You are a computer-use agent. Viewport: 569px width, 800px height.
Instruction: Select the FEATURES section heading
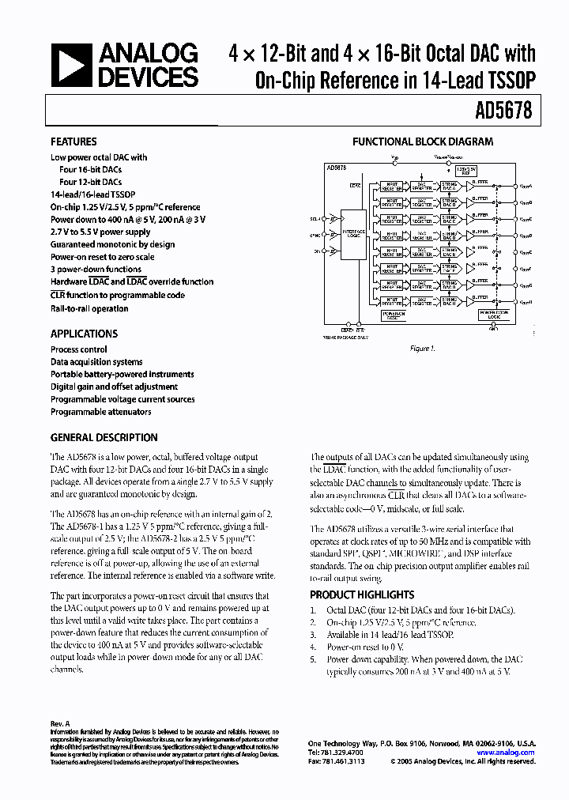tap(73, 142)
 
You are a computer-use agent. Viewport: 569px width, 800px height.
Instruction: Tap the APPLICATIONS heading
tap(84, 334)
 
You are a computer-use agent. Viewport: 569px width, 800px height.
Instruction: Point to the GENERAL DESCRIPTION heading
tap(104, 437)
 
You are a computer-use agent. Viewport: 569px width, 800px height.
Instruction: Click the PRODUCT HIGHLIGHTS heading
tap(361, 594)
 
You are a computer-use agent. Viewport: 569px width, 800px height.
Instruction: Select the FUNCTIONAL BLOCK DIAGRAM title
tap(422, 142)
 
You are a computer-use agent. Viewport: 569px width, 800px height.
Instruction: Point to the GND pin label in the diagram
tap(493, 329)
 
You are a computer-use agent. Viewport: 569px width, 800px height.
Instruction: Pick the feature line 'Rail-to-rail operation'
tap(89, 308)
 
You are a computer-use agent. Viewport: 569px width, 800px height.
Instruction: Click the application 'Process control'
tap(79, 349)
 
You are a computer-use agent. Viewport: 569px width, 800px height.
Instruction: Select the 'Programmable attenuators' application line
tap(101, 412)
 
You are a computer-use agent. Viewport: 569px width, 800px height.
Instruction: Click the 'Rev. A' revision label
tap(60, 723)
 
